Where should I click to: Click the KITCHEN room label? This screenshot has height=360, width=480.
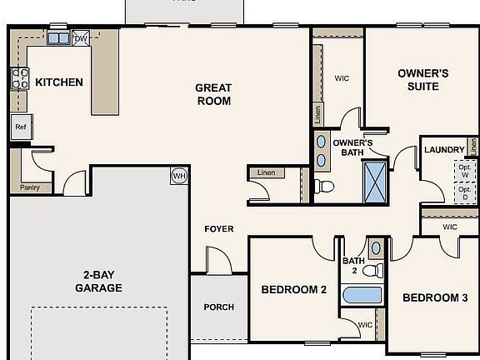coord(58,82)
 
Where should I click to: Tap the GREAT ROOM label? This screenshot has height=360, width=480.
coord(212,94)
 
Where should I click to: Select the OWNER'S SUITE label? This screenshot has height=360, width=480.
coord(422,81)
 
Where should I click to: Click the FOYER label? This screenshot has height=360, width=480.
coord(219,229)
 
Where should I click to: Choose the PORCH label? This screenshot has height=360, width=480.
coord(219,307)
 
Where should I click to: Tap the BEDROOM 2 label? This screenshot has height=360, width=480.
coord(294,290)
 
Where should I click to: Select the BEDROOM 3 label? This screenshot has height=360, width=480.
coord(429,297)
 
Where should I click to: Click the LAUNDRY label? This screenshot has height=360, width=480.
coord(443,150)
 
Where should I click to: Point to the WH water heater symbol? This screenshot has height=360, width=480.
coord(179,175)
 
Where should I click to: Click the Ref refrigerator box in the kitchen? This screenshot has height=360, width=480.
coord(21,127)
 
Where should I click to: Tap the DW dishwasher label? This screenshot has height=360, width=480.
coord(81,38)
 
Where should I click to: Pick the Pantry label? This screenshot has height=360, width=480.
coord(30,187)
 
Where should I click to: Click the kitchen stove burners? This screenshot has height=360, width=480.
coord(19,78)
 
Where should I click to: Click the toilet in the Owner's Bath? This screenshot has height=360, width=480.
coord(325,185)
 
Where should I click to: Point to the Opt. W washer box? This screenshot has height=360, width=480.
coord(464,170)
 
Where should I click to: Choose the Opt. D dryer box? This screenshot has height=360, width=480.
coord(464,193)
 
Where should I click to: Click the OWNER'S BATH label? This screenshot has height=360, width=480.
coord(352,147)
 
